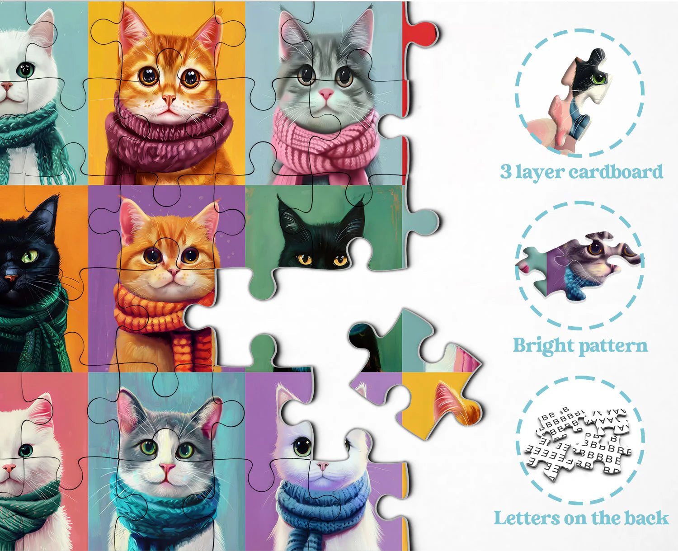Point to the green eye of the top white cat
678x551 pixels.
(x=25, y=70)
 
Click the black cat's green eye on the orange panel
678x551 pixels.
(x=30, y=256)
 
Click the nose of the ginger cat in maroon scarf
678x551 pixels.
(x=169, y=99)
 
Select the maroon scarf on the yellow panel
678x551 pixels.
(x=167, y=136)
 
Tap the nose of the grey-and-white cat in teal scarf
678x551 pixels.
(x=167, y=468)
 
